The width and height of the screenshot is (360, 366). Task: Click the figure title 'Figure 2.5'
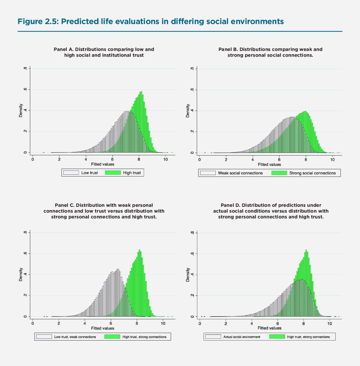[37, 21]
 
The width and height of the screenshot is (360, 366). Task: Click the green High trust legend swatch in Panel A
[113, 173]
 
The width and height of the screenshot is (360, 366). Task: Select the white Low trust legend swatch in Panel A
[71, 173]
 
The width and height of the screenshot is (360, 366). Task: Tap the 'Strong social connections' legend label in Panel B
[312, 173]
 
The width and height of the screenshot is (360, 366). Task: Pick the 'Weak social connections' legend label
[240, 173]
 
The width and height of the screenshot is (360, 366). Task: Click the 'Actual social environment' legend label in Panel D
[242, 337]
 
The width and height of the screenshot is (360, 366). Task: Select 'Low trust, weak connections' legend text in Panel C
[75, 337]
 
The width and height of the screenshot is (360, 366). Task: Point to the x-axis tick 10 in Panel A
[165, 159]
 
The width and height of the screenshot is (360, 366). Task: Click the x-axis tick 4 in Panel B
[253, 159]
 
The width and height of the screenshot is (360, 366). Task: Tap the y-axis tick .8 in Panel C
[25, 233]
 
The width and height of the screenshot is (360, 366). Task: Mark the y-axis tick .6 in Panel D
[192, 254]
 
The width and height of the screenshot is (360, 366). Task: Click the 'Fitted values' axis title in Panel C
[102, 328]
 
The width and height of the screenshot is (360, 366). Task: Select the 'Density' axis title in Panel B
[188, 111]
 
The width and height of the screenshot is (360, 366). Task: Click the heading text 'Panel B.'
[228, 49]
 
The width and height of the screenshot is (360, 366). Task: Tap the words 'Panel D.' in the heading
[230, 205]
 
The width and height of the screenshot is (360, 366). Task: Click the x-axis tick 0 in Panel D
[200, 323]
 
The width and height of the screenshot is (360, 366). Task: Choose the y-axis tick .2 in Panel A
[25, 132]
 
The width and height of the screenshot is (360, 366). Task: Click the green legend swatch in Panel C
[112, 337]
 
